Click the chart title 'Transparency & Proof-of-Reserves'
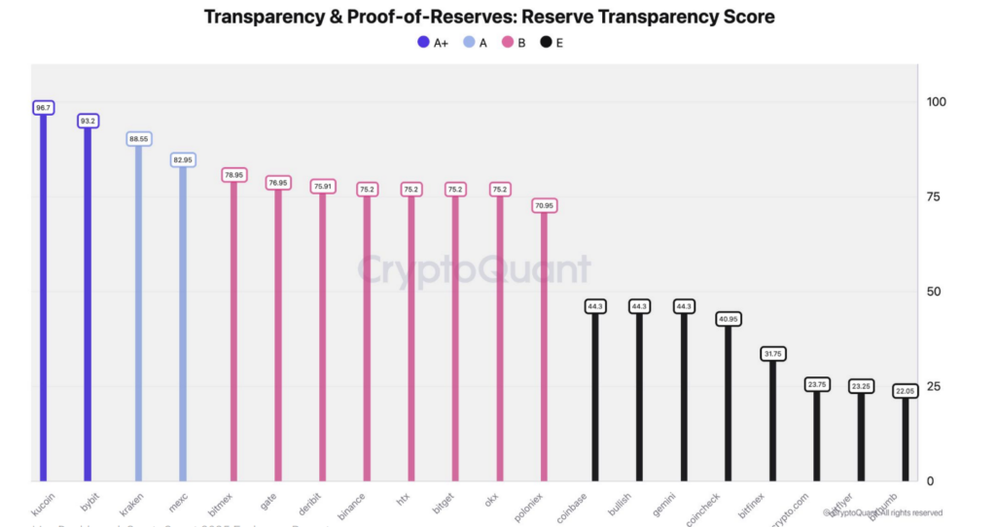coord(488,18)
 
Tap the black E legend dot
coord(546,43)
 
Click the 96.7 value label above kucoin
coord(43,108)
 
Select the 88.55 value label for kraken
coord(138,139)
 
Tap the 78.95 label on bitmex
coord(233,175)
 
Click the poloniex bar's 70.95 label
coord(544,205)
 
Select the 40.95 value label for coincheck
coord(729,319)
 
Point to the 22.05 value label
coord(906,391)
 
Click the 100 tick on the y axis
coord(936,102)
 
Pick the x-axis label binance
coord(354,503)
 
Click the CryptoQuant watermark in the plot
coord(474,269)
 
